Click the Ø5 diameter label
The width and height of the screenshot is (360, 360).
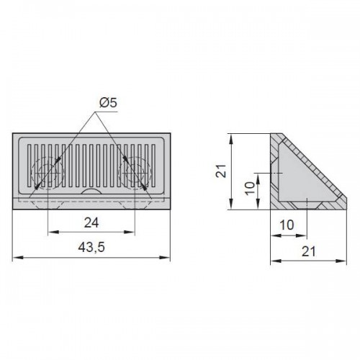(108, 103)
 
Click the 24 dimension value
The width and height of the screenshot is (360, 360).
(91, 223)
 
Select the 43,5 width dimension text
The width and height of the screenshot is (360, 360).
(91, 247)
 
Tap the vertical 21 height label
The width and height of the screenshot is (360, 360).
(221, 171)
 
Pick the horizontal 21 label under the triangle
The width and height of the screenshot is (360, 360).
(308, 251)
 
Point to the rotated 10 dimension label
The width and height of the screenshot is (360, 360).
(250, 188)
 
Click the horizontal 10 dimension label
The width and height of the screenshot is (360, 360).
(287, 225)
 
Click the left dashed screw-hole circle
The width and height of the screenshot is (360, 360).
(48, 173)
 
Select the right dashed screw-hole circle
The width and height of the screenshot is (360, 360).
(135, 173)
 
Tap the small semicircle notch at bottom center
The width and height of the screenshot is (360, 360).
(91, 191)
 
